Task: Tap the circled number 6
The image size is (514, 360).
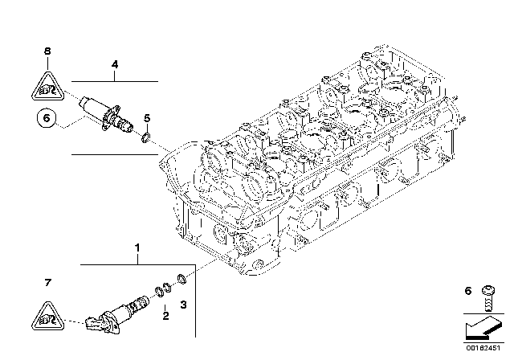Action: coord(47,119)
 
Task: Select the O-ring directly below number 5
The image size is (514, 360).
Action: coord(145,139)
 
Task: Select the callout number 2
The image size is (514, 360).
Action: coord(166,317)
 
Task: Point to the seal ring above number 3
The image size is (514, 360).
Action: coord(183,280)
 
